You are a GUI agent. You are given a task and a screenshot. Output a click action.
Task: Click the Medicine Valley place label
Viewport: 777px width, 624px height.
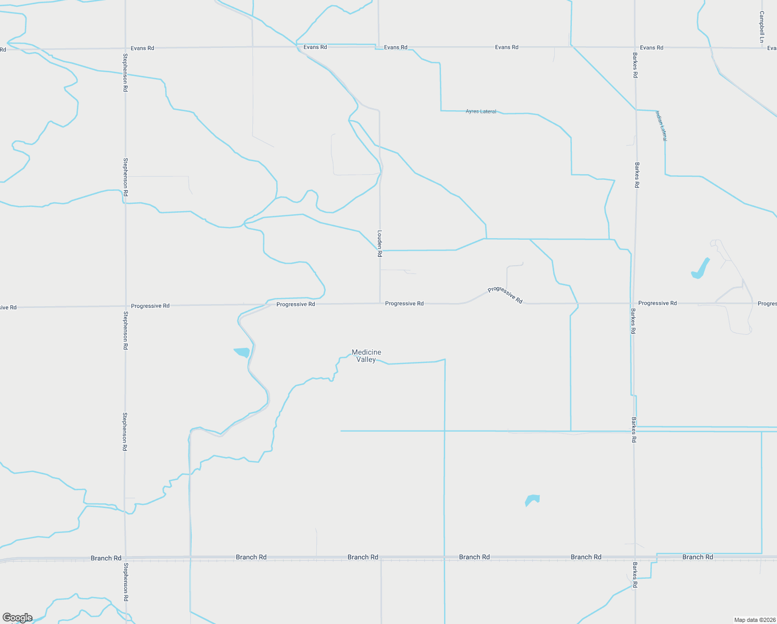366,356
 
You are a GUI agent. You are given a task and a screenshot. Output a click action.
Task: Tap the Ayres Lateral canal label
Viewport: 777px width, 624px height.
481,111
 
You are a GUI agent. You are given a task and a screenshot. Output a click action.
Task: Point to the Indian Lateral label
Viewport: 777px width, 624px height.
661,125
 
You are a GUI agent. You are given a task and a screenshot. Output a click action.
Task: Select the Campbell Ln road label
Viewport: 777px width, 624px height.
761,27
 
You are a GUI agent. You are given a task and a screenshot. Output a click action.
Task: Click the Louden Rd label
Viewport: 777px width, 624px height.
380,243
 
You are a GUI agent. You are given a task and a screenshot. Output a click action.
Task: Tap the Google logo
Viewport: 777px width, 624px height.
18,618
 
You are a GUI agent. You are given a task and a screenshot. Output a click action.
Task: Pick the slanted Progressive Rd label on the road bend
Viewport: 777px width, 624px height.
505,295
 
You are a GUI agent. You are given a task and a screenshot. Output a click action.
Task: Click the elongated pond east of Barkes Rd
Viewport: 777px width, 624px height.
701,269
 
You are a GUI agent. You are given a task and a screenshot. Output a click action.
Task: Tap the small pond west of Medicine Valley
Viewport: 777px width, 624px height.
243,352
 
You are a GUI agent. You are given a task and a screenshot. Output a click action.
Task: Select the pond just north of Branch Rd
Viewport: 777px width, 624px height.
532,500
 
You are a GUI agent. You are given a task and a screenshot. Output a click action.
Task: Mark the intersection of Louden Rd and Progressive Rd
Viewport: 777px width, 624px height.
380,304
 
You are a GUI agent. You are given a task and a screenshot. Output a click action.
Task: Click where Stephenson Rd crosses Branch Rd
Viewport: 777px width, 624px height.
125,557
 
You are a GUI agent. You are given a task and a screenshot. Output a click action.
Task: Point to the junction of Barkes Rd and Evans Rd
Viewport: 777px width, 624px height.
635,47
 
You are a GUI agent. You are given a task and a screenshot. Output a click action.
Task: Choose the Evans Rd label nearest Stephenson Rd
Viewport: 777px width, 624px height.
142,48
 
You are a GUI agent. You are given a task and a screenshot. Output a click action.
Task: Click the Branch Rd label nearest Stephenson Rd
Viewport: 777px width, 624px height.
106,558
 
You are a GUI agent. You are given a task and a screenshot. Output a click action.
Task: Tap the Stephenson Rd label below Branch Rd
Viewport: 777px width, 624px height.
125,582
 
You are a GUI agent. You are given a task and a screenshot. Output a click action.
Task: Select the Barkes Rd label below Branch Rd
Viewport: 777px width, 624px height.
635,575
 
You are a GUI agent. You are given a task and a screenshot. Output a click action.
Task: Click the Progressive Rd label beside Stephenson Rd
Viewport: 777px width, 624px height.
150,306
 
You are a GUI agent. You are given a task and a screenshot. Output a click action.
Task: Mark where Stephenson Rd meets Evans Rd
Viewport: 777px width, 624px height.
125,48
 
